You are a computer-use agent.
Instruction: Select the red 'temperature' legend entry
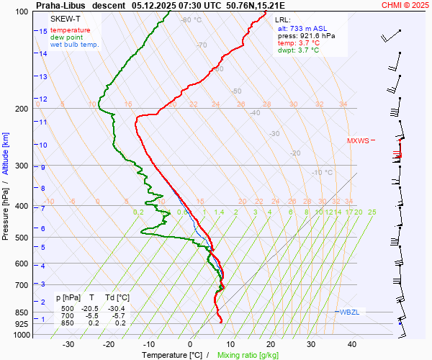(x=71, y=30)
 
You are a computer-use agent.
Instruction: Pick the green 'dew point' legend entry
(x=66, y=37)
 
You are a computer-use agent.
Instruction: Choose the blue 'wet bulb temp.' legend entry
(x=75, y=45)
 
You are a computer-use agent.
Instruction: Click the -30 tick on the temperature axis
(x=68, y=344)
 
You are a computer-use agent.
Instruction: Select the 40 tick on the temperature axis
(x=352, y=344)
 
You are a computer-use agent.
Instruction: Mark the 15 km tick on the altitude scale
(x=43, y=32)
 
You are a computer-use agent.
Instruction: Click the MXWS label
(x=358, y=141)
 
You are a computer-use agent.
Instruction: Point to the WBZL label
(x=349, y=312)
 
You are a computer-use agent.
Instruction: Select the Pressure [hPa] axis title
(x=6, y=209)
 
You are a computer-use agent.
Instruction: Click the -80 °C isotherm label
(x=191, y=20)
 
